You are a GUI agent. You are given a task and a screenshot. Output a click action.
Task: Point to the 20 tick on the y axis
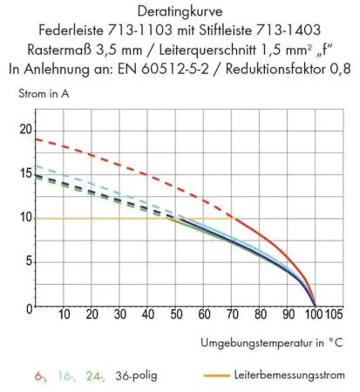point(24,128)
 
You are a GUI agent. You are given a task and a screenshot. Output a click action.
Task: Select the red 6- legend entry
point(40,375)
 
